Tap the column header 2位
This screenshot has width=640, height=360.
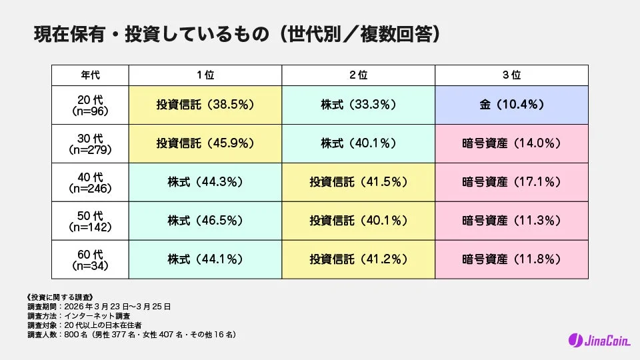359,75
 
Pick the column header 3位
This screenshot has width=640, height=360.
512,75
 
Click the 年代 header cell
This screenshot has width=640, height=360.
90,75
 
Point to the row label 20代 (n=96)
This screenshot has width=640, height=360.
90,105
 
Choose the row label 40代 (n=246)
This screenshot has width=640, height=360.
90,182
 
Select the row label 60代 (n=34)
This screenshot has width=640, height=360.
90,259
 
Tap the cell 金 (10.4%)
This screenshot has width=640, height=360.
512,105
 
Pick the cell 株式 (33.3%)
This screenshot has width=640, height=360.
359,105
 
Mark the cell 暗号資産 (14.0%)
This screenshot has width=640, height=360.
512,143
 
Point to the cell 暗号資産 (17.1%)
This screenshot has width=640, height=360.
512,182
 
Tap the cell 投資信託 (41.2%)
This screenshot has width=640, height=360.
359,259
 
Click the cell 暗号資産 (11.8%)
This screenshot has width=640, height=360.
512,259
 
